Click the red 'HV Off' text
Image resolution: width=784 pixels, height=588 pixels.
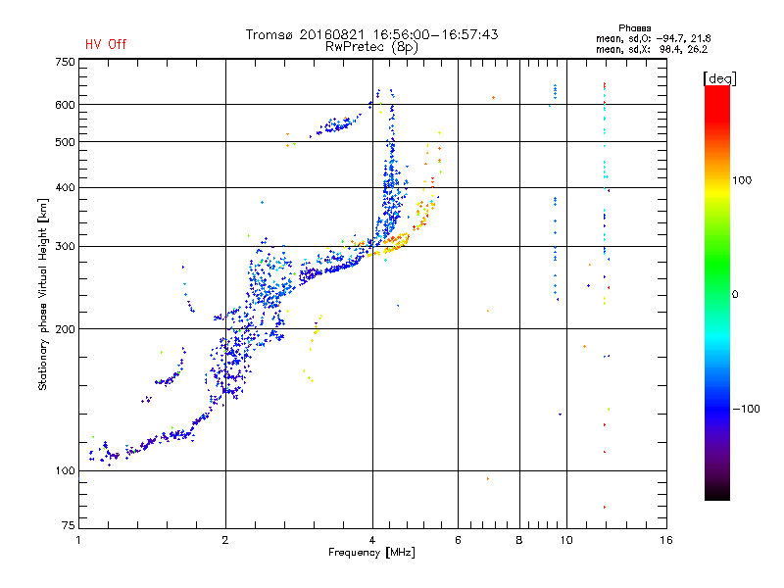click(105, 44)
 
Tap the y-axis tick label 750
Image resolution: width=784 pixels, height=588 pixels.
click(64, 62)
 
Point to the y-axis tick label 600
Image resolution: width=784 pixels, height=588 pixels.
click(64, 105)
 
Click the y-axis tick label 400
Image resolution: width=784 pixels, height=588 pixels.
click(64, 187)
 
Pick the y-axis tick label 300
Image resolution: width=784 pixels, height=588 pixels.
click(64, 246)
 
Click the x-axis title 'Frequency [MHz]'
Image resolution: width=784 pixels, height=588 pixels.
click(371, 554)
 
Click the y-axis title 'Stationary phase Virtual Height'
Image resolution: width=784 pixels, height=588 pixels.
click(43, 294)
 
